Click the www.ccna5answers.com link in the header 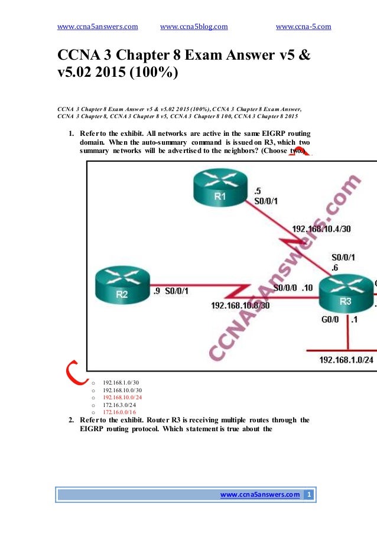pyautogui.click(x=97, y=27)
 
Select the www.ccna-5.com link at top pyautogui.click(x=303, y=27)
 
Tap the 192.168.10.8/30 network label pyautogui.click(x=240, y=305)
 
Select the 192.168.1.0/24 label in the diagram pyautogui.click(x=346, y=360)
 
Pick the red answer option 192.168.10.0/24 pyautogui.click(x=121, y=398)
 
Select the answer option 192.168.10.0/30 pyautogui.click(x=121, y=390)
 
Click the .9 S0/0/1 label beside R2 pyautogui.click(x=171, y=291)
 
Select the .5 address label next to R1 pyautogui.click(x=257, y=190)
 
